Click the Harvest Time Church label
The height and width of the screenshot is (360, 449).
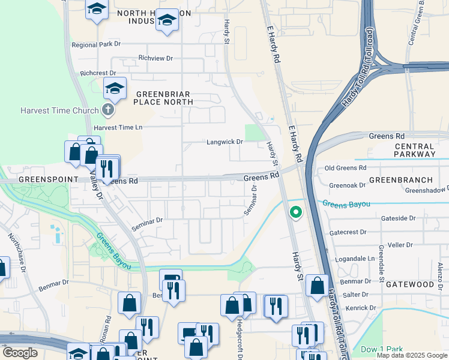(x=59, y=110)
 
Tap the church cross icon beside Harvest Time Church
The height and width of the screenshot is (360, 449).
(x=107, y=110)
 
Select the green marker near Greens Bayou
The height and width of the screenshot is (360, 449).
(x=295, y=212)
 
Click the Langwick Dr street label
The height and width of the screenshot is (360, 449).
(x=224, y=142)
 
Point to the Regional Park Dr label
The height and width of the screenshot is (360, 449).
(x=96, y=44)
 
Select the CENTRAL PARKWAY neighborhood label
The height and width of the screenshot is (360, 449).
(x=415, y=150)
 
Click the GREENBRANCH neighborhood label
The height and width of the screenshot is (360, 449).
(x=400, y=179)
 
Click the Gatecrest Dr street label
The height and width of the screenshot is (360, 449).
(x=348, y=232)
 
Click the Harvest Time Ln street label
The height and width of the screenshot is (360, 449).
(x=118, y=127)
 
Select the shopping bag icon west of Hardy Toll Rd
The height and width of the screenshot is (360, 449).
(x=317, y=286)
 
